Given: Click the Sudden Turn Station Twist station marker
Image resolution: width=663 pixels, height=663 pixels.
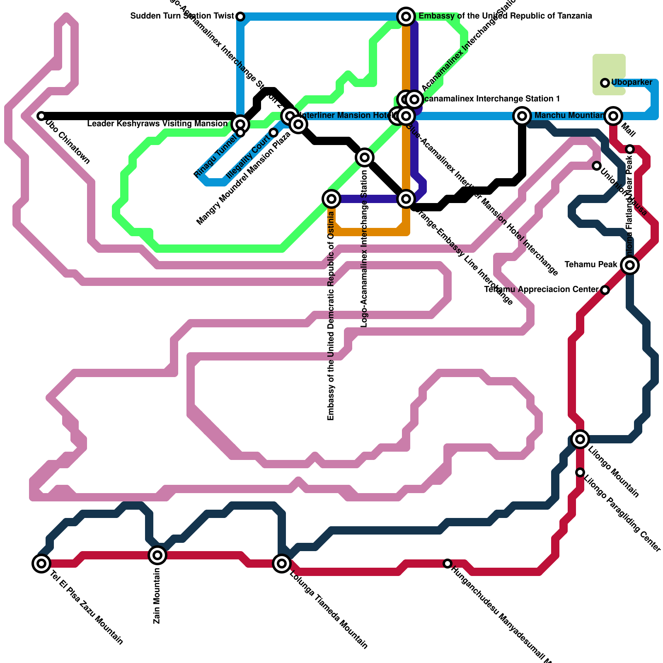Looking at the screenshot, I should coord(240,17).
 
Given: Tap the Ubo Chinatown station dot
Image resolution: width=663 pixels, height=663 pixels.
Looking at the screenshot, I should coord(41,116).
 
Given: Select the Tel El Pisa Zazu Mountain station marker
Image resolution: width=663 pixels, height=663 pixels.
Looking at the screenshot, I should coord(41,563).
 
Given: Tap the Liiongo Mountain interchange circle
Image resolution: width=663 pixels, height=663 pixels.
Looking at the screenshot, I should coord(580,439).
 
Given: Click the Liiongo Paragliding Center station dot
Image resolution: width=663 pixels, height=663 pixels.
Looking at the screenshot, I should coord(580,472).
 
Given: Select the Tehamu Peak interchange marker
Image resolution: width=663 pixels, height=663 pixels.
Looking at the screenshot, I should coord(630,264).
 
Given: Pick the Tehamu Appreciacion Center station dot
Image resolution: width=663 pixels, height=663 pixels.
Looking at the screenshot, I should coord(605,290).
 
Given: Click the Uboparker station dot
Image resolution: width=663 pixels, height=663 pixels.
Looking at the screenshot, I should coord(605,83).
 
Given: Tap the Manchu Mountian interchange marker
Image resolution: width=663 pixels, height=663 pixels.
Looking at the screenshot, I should coord(522,116).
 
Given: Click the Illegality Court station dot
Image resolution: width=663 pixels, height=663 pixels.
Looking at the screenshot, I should coord(273,133).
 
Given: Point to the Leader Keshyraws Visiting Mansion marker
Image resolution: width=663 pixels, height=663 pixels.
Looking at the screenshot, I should coord(240,124).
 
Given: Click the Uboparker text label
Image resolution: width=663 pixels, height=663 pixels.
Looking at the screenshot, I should coord(632,82).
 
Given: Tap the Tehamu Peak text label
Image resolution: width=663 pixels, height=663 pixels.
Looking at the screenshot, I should coord(591,264).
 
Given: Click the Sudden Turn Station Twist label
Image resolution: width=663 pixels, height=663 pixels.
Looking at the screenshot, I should coord(182,16).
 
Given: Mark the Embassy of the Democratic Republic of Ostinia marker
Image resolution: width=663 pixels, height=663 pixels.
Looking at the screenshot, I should coord(331,199).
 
